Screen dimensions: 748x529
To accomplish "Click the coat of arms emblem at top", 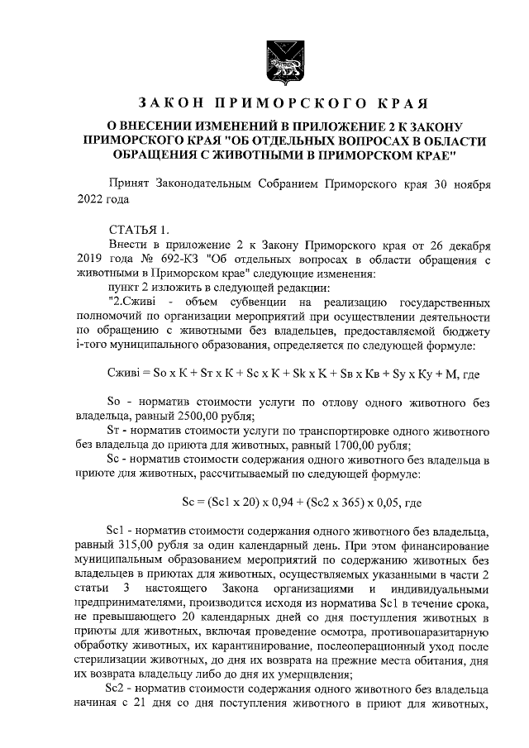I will (274, 61).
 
